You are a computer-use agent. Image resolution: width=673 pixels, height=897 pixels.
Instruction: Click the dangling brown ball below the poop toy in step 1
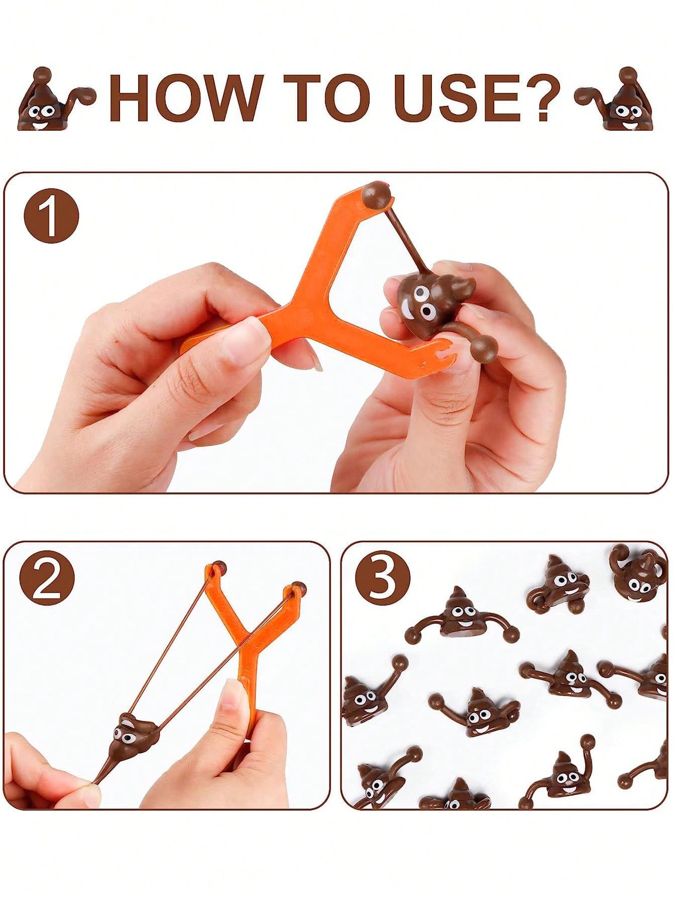coord(486,346)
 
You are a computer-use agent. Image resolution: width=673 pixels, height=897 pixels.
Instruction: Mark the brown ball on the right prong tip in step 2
coord(298,587)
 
